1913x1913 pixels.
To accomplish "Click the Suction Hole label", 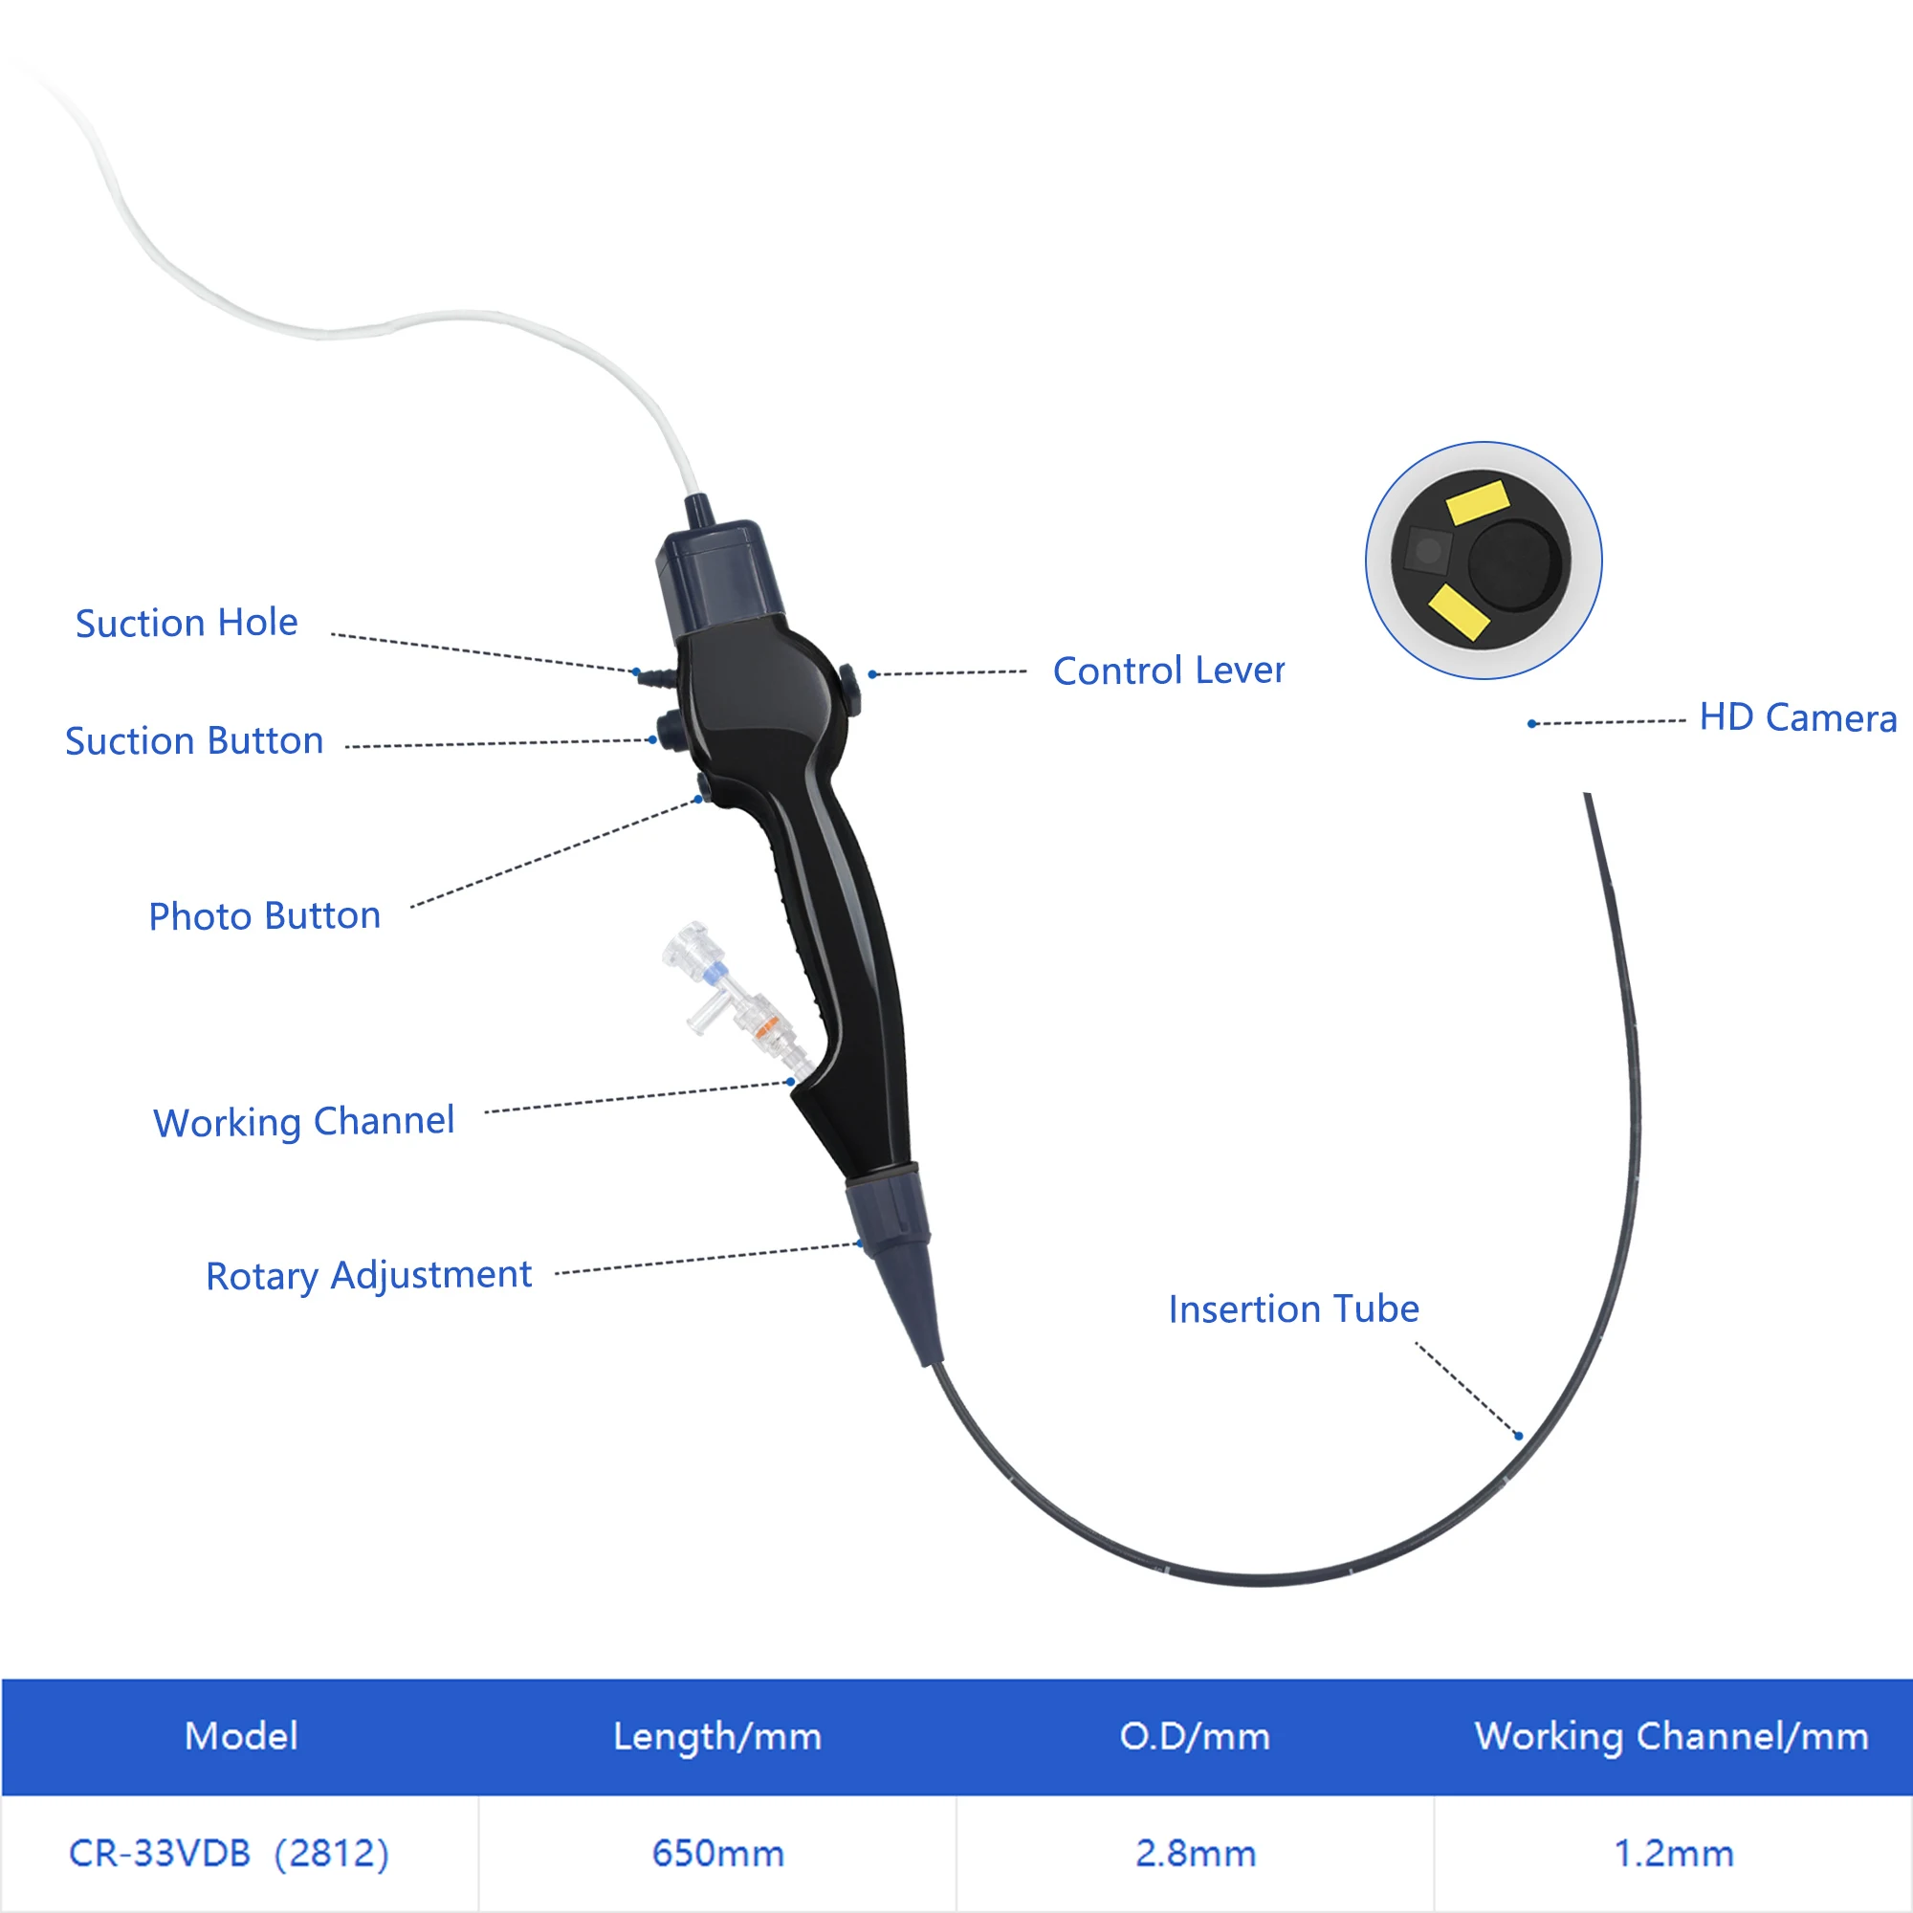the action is coord(187,623).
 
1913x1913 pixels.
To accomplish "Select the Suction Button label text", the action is coord(194,740).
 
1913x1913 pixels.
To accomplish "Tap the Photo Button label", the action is coord(264,916).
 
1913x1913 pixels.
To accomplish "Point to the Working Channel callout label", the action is coord(304,1122).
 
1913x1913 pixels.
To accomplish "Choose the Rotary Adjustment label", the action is coord(368,1275).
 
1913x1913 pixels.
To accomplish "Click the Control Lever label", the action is coord(1169,671).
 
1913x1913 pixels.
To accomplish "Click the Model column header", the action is coord(241,1736).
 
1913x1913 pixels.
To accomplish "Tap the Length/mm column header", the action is coord(716,1737).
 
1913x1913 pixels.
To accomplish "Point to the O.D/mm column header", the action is coord(1194,1737).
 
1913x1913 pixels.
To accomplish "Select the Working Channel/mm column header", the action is coord(1671,1737).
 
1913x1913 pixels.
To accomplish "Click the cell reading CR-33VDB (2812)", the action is coord(229,1853).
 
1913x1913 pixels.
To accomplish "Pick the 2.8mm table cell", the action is coord(1195,1854).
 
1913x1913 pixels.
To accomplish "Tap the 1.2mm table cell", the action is coord(1673,1854).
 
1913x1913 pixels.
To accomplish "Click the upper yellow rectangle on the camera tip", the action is coord(1478,501).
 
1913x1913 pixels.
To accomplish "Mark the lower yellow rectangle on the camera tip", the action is coord(1459,612).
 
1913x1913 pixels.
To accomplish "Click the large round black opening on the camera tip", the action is coord(1514,564).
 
